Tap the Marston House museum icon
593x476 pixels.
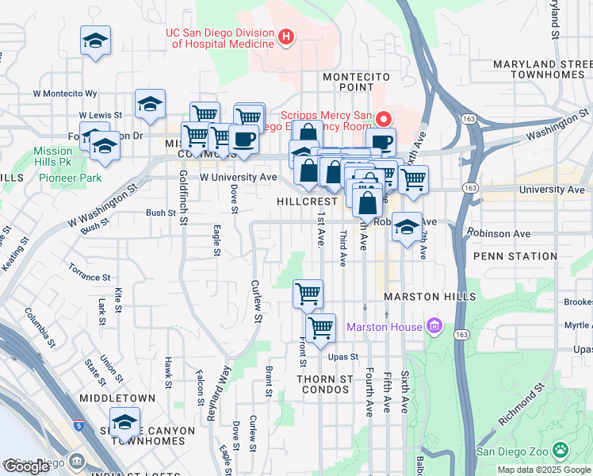click(x=434, y=325)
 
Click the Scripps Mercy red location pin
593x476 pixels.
click(x=384, y=120)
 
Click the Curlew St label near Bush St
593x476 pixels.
click(x=256, y=301)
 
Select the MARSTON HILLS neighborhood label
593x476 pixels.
click(x=429, y=297)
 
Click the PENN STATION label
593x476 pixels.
click(x=515, y=256)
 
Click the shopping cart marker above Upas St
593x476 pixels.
click(x=321, y=328)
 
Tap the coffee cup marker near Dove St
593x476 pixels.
click(x=243, y=140)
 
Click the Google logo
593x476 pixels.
click(x=27, y=466)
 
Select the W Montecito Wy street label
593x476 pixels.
click(x=65, y=94)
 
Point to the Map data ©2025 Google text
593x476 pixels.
click(x=544, y=470)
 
